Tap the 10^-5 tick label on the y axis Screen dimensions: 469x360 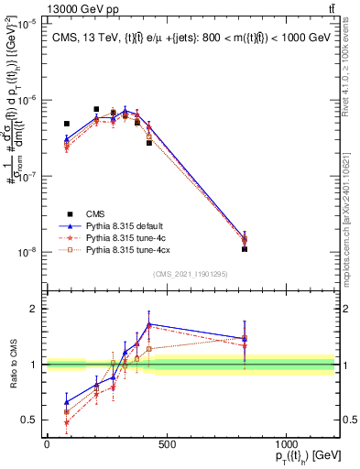point(27,24)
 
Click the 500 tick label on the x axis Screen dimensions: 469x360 point(166,444)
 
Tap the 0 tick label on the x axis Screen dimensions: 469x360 point(47,444)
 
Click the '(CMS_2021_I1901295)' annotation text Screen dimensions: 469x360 point(195,273)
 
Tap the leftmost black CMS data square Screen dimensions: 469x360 point(67,124)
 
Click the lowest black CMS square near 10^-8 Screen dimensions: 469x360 point(245,248)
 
